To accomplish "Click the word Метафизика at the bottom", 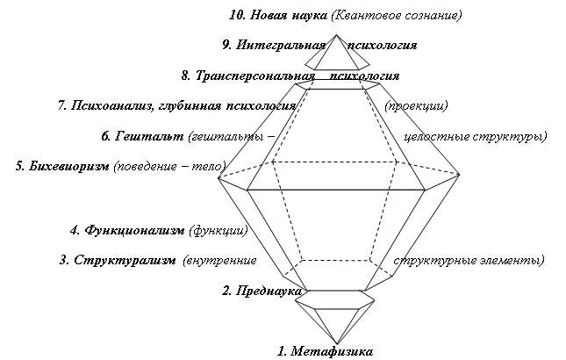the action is tap(332, 351).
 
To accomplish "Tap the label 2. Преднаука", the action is tap(262, 291).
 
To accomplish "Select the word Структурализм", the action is tap(125, 260).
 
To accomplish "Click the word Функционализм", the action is tap(134, 230).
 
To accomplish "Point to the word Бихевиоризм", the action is tap(68, 166).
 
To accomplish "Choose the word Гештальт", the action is tap(149, 136).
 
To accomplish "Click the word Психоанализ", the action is tap(113, 105).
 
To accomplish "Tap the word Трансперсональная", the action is tap(255, 76).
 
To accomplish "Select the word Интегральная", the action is tap(281, 45).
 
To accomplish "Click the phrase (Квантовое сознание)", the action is tap(397, 15).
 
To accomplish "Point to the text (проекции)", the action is tap(416, 105).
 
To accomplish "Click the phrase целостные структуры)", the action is tap(476, 136).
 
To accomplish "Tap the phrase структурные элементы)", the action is tap(469, 260).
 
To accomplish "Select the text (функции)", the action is tap(219, 230).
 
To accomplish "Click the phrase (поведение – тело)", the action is tap(170, 166).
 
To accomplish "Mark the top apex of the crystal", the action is tap(336, 35).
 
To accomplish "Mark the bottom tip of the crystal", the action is tap(336, 343).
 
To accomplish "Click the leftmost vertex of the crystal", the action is tap(219, 177).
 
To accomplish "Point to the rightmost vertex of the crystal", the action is tap(459, 175).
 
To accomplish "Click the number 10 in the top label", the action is tap(237, 15).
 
